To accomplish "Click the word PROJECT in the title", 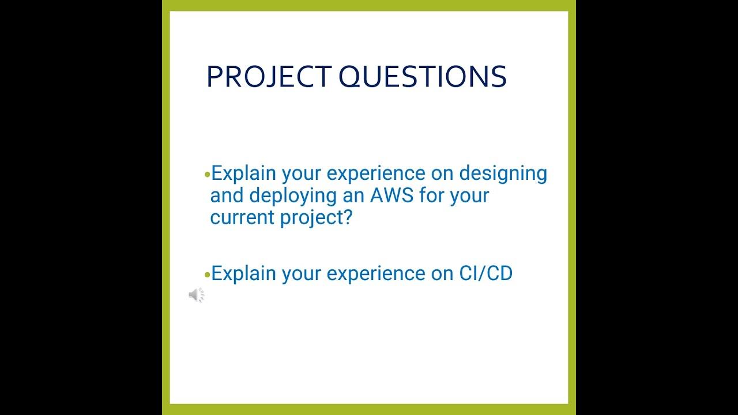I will pyautogui.click(x=268, y=77).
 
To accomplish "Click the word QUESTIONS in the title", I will pyautogui.click(x=422, y=77).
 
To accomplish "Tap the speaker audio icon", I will pyautogui.click(x=196, y=295).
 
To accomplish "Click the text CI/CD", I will pyautogui.click(x=485, y=273).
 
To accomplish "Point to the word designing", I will pyautogui.click(x=503, y=173).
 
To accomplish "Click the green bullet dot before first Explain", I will pyautogui.click(x=208, y=174).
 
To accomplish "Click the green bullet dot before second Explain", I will pyautogui.click(x=208, y=274).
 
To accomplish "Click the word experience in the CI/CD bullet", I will pyautogui.click(x=379, y=273).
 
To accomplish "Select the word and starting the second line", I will pyautogui.click(x=227, y=195).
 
